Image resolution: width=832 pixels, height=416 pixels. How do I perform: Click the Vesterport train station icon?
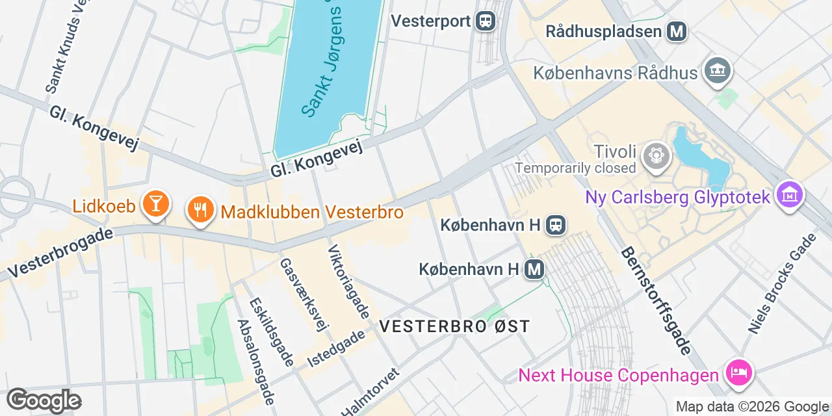(485, 21)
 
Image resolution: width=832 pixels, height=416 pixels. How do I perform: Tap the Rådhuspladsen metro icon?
(677, 31)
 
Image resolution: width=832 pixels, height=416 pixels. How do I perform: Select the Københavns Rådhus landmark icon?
(717, 72)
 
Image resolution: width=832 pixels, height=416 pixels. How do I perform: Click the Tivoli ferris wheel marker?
(656, 156)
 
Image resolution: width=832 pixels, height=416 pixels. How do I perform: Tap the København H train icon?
(556, 225)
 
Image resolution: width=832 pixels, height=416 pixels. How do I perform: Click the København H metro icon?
(534, 268)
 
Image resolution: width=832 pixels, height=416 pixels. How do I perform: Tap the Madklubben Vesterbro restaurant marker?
(200, 211)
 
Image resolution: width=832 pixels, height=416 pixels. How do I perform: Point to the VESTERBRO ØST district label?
(455, 326)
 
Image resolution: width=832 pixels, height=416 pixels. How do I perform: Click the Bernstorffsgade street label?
(656, 300)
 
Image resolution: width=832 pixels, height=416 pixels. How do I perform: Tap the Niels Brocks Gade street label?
(781, 284)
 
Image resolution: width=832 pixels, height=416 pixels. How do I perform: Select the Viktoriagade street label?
(349, 282)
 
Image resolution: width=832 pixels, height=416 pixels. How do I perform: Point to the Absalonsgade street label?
(256, 361)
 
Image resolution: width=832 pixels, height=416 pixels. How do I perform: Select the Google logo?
(44, 400)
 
